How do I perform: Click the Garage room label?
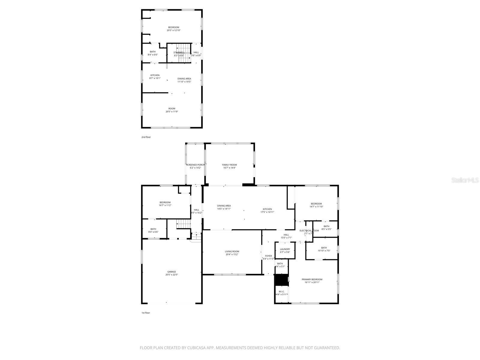tap(172, 272)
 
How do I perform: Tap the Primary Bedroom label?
tap(312, 279)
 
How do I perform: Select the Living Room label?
tap(232, 251)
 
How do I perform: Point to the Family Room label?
tap(229, 165)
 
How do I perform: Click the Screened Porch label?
tap(195, 165)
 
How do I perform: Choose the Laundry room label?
tap(285, 249)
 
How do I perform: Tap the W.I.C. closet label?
tap(281, 292)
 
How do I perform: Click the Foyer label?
tap(268, 256)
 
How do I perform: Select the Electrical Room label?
tap(309, 230)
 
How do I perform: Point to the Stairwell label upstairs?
tap(179, 52)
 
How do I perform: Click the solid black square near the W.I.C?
tap(281, 280)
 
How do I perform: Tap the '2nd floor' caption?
tap(146, 137)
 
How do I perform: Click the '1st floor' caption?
tap(146, 313)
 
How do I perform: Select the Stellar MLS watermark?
tap(466, 180)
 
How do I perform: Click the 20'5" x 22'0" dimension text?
tap(172, 275)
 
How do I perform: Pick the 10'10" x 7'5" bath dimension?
tap(324, 250)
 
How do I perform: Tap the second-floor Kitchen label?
tap(155, 75)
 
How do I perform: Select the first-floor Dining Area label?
tap(224, 206)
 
